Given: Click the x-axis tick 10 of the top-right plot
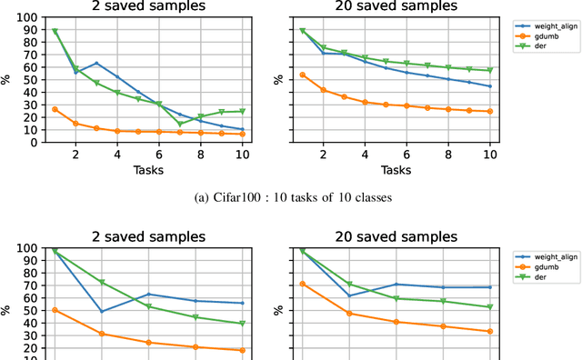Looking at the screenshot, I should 490,156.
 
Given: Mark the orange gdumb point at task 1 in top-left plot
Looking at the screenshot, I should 55,109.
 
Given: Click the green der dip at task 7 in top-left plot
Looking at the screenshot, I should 180,124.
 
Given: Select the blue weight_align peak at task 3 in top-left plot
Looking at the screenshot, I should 96,64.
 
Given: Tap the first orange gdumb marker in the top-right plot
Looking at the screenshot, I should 302,75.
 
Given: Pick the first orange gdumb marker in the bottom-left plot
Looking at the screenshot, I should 55,310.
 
